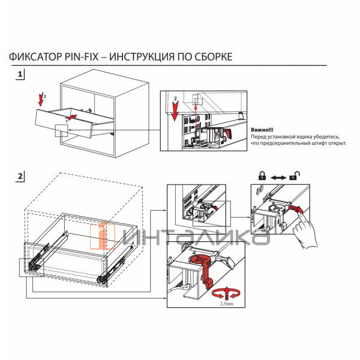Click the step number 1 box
point(21,74)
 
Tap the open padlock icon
point(295,176)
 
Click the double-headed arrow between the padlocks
point(278,178)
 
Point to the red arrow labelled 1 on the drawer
point(71,118)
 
